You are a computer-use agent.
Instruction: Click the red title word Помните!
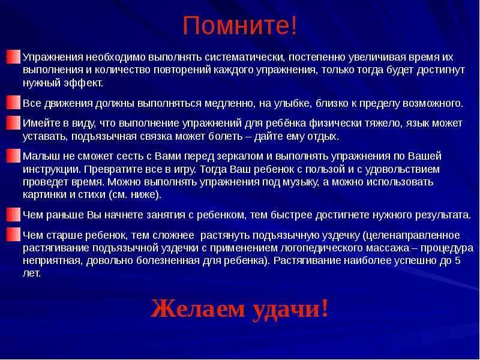[x=239, y=26]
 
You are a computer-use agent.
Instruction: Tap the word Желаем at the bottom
[x=198, y=309]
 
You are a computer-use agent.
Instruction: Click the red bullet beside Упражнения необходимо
[x=13, y=57]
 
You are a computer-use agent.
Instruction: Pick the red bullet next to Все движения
[x=13, y=103]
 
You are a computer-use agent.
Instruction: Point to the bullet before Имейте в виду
[x=13, y=123]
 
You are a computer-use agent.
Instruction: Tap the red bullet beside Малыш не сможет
[x=13, y=156]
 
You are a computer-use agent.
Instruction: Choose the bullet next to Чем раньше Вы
[x=13, y=215]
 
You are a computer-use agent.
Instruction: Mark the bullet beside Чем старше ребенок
[x=13, y=235]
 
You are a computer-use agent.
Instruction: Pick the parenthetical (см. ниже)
[x=135, y=195]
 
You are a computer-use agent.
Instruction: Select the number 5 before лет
[x=457, y=260]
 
